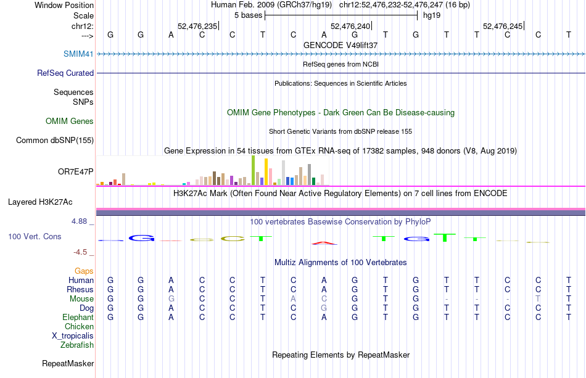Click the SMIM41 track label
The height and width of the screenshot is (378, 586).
coord(78,54)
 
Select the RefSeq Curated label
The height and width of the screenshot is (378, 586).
coord(65,73)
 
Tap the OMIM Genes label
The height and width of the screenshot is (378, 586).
coord(70,121)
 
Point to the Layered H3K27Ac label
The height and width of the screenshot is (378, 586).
coord(40,202)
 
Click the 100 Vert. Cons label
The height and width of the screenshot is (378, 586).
coord(35,236)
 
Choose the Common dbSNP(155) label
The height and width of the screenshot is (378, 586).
coord(55,140)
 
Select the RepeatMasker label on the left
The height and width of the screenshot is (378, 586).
coord(68,364)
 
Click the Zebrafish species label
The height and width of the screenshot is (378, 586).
coord(77,345)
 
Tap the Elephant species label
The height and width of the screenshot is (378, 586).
coord(78,318)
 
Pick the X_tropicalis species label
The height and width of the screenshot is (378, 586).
coord(73,336)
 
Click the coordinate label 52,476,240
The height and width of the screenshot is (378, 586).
coord(351,26)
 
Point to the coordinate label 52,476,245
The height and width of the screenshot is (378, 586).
coord(503,26)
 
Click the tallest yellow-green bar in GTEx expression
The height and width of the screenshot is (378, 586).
coord(253,170)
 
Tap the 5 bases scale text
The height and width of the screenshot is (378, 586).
coord(248,15)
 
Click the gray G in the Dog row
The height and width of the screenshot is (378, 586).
coord(324,308)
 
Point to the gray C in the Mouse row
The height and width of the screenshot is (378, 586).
coord(324,299)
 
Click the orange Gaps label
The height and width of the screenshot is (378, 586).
coord(84,271)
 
